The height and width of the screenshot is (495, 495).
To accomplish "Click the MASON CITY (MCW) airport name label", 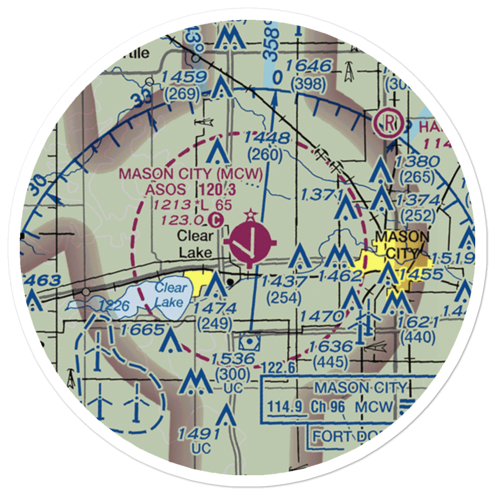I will (x=191, y=174).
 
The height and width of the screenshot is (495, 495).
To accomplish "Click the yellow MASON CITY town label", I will (x=402, y=245).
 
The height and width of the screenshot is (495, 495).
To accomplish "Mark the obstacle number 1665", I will (x=141, y=329).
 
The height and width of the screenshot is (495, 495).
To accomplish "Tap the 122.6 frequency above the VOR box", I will (x=277, y=367).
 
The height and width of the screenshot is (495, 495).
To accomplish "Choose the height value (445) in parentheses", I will (x=331, y=363).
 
